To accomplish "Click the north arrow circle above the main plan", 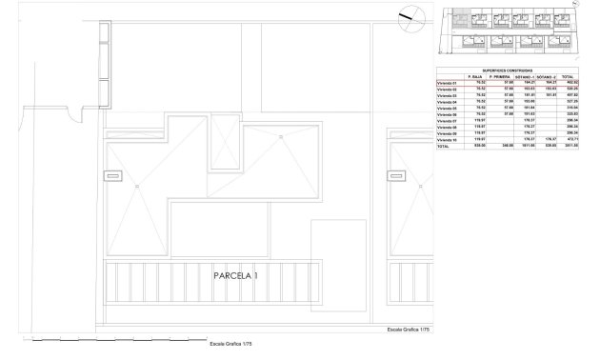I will (x=405, y=15).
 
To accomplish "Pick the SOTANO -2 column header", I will (x=546, y=76).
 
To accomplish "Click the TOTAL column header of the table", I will (x=569, y=76).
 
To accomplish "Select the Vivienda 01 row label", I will (x=448, y=84).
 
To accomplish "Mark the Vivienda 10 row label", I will (x=448, y=141).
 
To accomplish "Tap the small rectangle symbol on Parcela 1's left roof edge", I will (x=113, y=175).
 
